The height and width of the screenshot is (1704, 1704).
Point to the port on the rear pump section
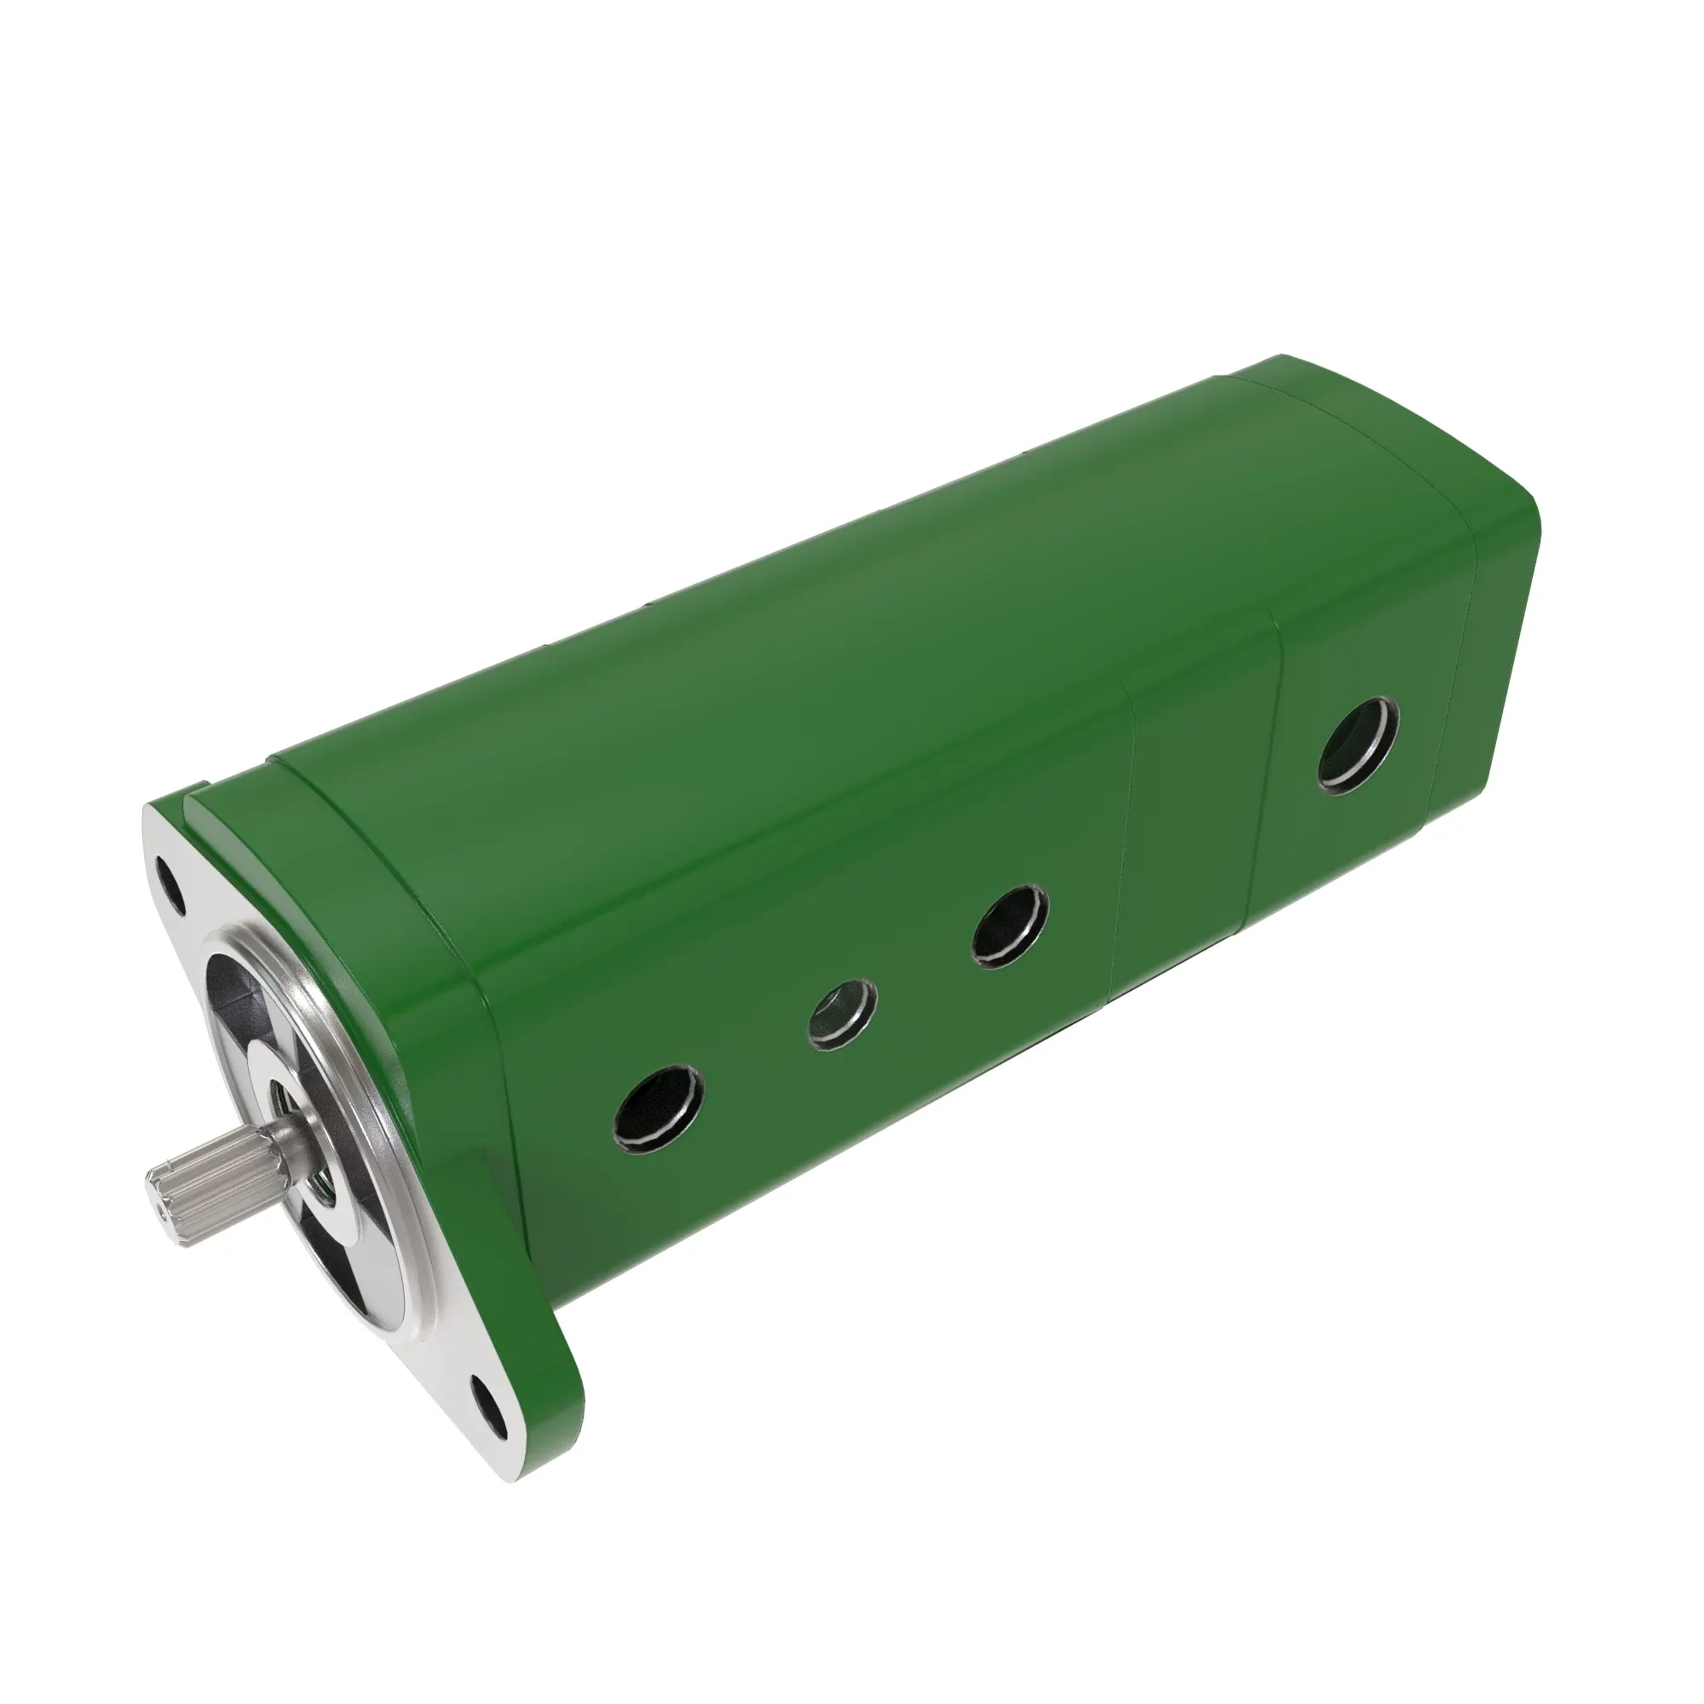1359,743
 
